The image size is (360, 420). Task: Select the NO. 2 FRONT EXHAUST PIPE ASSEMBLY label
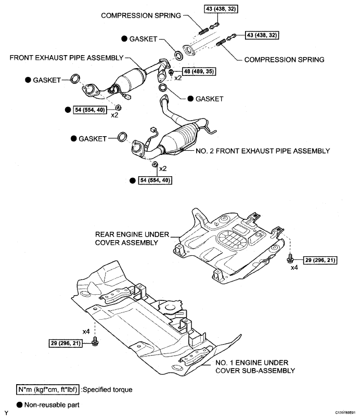pyautogui.click(x=263, y=151)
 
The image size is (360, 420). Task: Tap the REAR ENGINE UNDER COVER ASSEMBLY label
pyautogui.click(x=132, y=239)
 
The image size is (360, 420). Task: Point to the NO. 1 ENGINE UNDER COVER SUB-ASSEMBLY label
pyautogui.click(x=255, y=366)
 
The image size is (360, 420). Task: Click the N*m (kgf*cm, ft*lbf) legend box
pyautogui.click(x=48, y=389)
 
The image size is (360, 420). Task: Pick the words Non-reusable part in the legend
pyautogui.click(x=52, y=405)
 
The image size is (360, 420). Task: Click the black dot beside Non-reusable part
pyautogui.click(x=19, y=405)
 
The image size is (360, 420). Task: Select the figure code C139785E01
pyautogui.click(x=345, y=413)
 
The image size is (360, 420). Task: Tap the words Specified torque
pyautogui.click(x=108, y=389)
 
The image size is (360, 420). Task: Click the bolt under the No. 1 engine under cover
pyautogui.click(x=95, y=341)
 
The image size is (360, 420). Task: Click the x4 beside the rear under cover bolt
pyautogui.click(x=294, y=267)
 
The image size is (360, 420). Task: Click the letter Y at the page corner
pyautogui.click(x=6, y=414)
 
